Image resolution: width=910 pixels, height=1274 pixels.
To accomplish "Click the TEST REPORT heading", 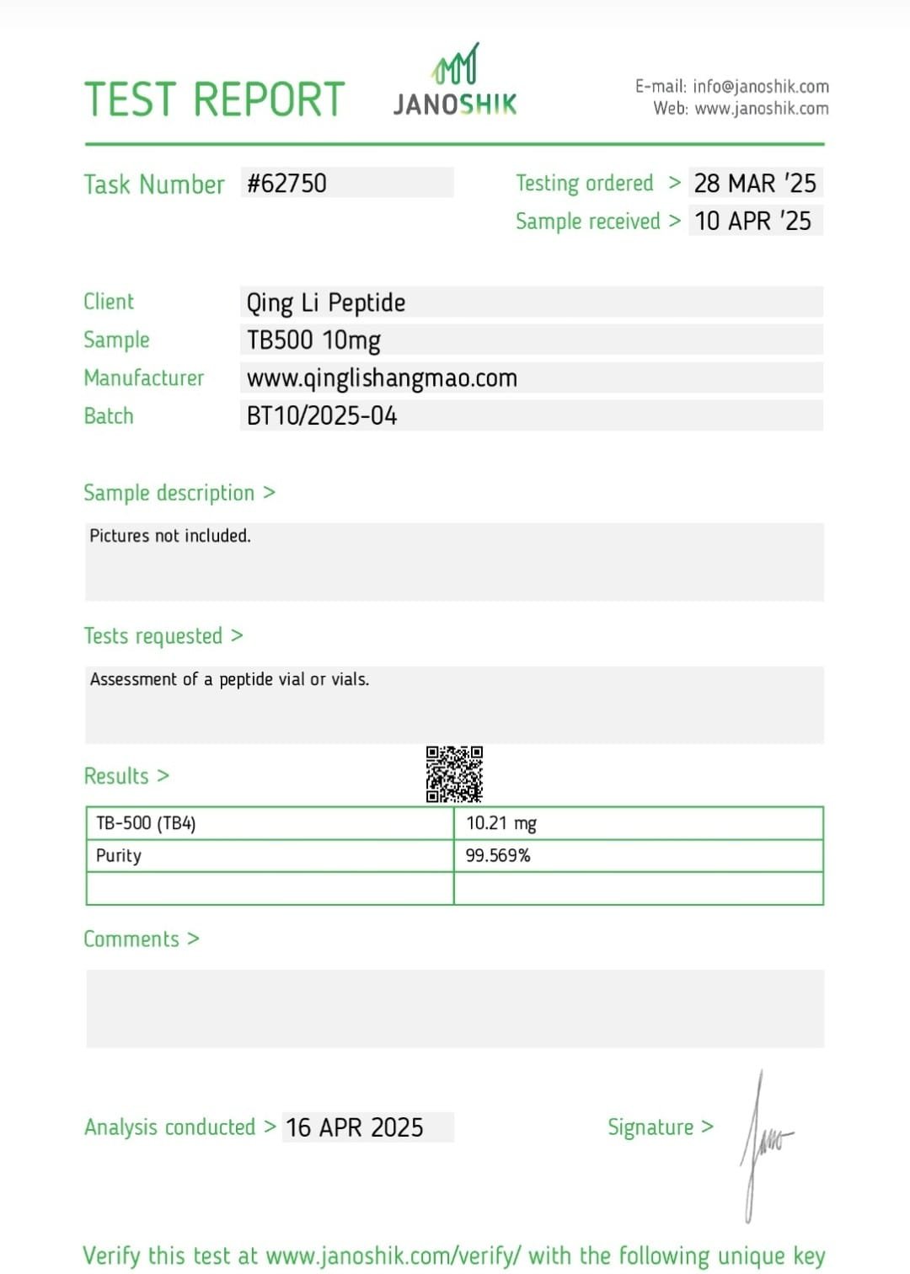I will [x=215, y=99].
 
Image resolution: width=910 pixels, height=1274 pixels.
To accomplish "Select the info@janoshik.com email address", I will [x=761, y=86].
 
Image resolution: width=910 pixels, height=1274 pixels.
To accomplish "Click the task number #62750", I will [x=286, y=183].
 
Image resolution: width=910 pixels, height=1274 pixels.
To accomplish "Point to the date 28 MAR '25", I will [x=755, y=183].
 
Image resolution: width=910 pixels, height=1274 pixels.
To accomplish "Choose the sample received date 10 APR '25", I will [x=753, y=221].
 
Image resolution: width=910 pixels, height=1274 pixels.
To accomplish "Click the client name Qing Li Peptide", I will [x=326, y=302].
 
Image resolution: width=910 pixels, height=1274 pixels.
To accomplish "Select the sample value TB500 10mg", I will [x=313, y=340].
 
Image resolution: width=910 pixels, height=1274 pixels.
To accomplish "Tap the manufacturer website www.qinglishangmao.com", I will [x=382, y=378].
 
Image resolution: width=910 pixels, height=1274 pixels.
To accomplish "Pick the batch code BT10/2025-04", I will [x=322, y=415].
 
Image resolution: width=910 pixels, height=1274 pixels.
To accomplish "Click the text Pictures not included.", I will [x=170, y=536].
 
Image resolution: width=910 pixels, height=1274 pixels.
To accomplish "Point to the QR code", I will [x=454, y=773].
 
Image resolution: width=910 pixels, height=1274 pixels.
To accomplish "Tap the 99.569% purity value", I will [x=498, y=856].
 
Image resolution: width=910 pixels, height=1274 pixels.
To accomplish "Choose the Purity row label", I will [x=119, y=856].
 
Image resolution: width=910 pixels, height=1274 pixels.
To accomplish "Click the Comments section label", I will [x=141, y=939].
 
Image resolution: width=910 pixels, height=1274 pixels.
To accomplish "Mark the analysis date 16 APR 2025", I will [x=355, y=1127].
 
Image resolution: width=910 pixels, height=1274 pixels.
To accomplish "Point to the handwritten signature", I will [x=763, y=1144].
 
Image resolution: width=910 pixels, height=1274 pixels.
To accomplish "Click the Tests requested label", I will [x=163, y=636].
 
